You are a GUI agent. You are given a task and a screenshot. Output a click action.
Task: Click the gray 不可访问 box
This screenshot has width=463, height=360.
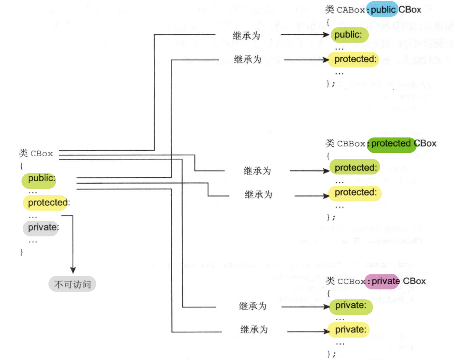(x=72, y=285)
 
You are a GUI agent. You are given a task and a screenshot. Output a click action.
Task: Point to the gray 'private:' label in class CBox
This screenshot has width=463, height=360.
(x=41, y=227)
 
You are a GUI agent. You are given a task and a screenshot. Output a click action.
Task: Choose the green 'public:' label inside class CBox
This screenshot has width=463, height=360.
(x=40, y=179)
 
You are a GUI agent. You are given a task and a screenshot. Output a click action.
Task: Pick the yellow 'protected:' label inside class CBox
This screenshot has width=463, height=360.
(x=45, y=202)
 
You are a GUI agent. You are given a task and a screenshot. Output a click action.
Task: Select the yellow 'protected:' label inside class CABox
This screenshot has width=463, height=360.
(x=353, y=59)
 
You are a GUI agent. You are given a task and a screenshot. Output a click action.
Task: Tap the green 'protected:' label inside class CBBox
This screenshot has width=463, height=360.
(x=355, y=168)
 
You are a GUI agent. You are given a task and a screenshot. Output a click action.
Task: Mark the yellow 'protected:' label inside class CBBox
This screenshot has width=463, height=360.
(x=355, y=192)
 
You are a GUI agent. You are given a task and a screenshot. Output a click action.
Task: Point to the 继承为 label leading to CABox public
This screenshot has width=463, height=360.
(x=247, y=35)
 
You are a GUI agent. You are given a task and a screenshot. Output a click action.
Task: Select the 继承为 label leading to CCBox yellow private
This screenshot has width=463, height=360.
(x=254, y=330)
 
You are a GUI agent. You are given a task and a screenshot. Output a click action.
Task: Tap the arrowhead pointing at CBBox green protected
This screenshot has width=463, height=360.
(x=326, y=170)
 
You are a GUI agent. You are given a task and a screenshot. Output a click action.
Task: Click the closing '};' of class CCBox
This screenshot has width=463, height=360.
(x=331, y=354)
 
